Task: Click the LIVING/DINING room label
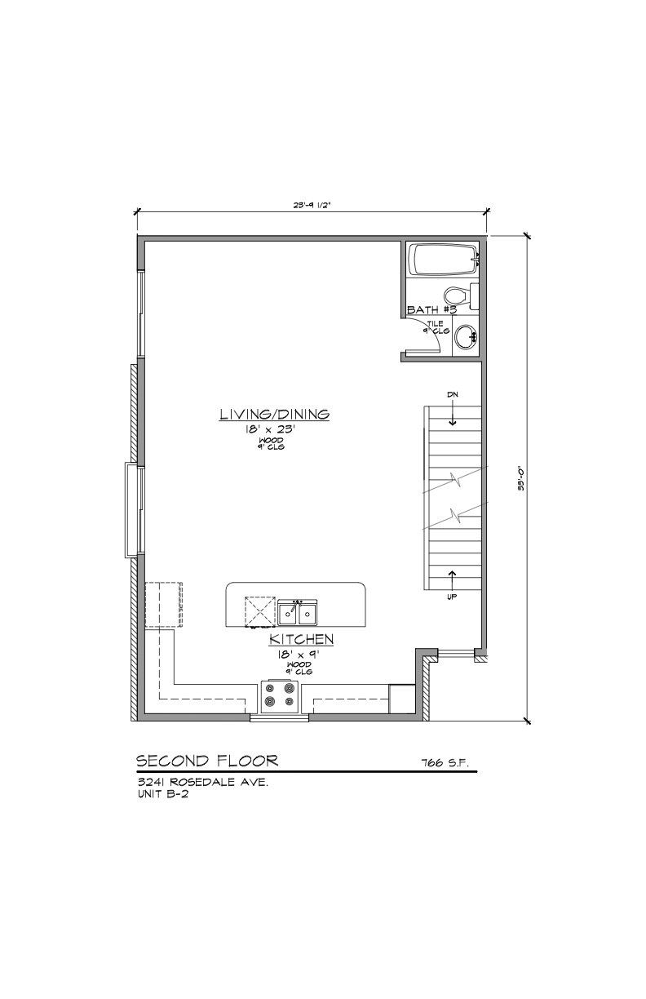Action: pyautogui.click(x=274, y=415)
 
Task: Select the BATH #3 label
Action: pyautogui.click(x=431, y=311)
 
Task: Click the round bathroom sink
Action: pyautogui.click(x=466, y=337)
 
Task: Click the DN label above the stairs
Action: pyautogui.click(x=453, y=395)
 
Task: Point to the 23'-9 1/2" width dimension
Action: pyautogui.click(x=312, y=206)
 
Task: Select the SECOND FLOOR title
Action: pyautogui.click(x=207, y=761)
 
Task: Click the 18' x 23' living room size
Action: pyautogui.click(x=274, y=429)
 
